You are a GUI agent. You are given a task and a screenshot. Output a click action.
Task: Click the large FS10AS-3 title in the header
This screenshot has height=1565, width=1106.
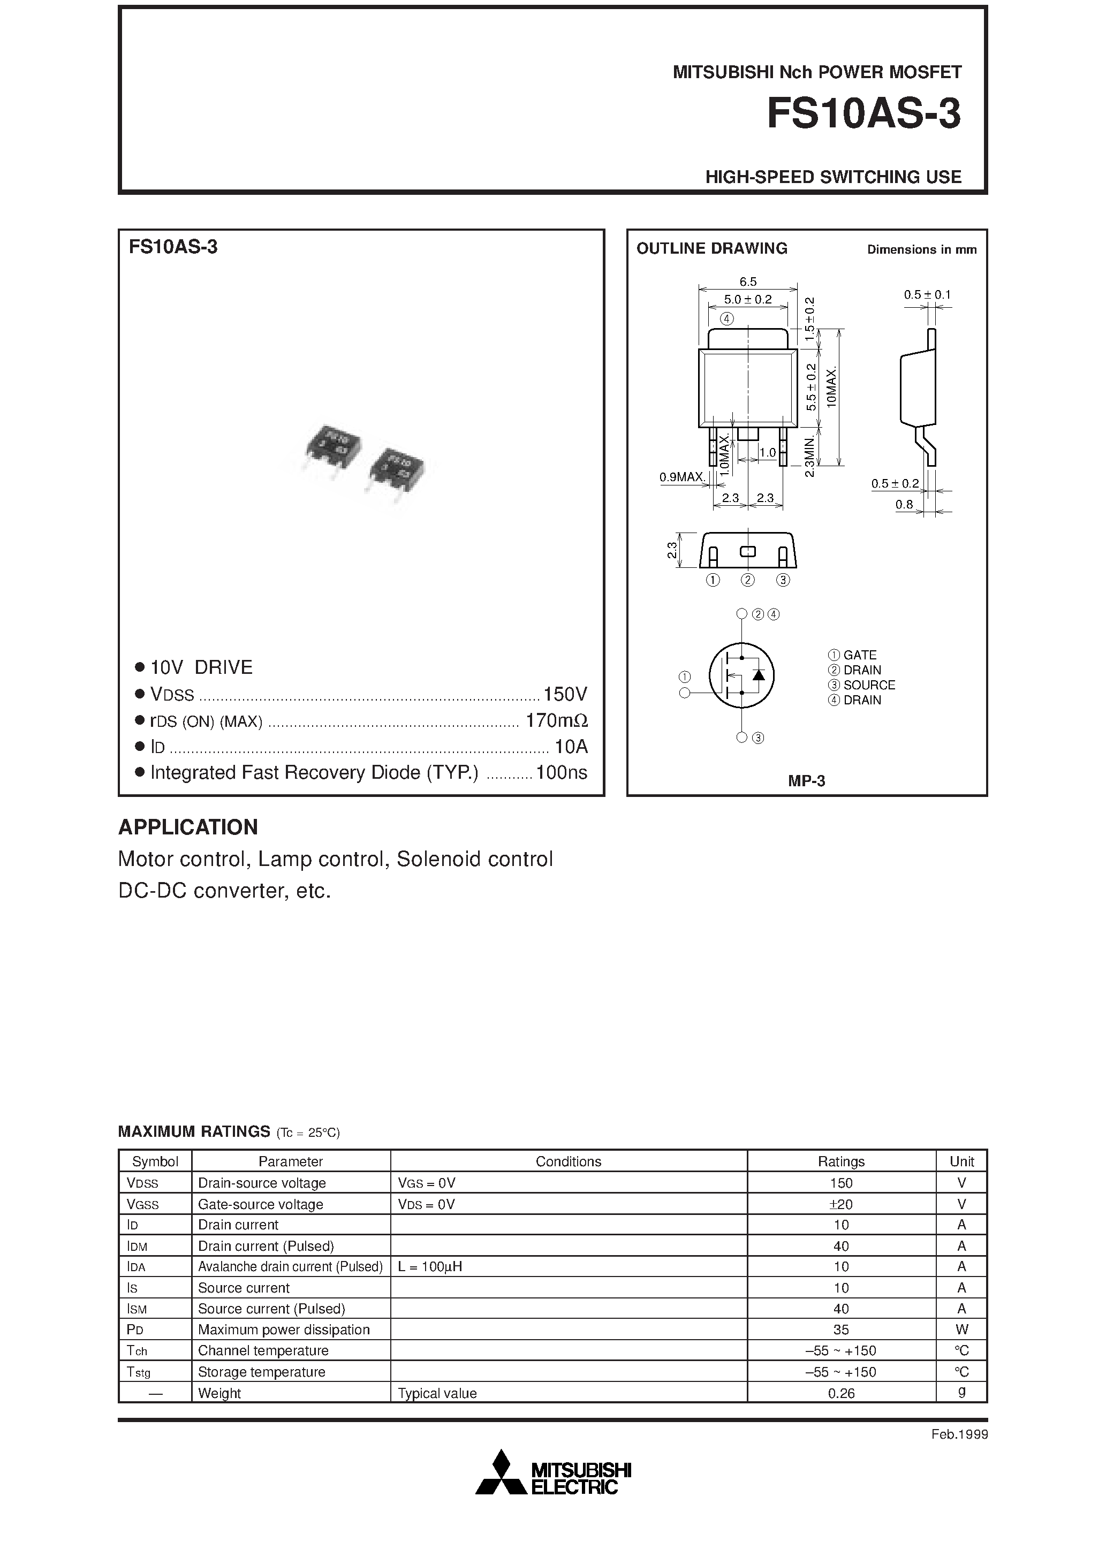coord(863,114)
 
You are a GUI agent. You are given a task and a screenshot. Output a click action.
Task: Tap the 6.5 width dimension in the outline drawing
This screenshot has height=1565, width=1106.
coord(747,282)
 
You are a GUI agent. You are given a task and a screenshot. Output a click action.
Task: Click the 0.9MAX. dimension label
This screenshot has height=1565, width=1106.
coord(682,477)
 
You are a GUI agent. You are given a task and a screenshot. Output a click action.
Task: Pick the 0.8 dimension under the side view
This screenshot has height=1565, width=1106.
coord(904,504)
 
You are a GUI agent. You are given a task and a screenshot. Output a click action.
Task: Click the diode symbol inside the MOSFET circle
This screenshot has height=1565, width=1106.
coord(757,675)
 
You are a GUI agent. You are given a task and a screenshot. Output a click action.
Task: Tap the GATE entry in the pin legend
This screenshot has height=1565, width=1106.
coord(859,655)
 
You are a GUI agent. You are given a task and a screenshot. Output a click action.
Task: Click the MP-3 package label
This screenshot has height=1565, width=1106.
coord(806,781)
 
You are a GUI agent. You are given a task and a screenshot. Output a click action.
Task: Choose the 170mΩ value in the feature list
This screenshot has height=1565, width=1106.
coord(556,720)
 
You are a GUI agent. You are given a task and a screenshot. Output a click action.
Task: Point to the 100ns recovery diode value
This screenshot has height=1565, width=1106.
coord(561,772)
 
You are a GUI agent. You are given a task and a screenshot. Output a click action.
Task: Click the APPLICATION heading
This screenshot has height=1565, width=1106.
coord(188,827)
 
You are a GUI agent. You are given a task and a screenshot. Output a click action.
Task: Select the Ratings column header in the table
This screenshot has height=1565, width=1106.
coord(841,1161)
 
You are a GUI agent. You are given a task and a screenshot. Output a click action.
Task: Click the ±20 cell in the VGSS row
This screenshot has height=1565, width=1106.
coord(841,1204)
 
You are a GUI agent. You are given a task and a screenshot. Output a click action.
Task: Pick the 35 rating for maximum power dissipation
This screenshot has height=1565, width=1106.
coord(841,1330)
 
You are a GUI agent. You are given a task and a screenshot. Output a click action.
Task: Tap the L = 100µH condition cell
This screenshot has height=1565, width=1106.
coord(430,1267)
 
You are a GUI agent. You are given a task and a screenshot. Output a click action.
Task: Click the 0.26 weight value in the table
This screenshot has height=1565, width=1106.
coord(841,1393)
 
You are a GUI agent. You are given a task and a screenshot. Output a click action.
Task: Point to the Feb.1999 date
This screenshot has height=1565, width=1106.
coord(959,1435)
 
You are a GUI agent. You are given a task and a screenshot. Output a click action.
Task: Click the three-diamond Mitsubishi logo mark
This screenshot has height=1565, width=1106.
coord(502,1472)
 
